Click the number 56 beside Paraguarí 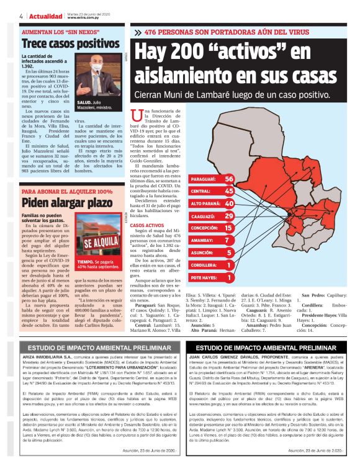[229, 179]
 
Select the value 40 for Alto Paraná [229, 203]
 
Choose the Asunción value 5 [229, 252]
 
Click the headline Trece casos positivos [61, 45]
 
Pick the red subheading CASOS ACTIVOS [147, 225]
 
